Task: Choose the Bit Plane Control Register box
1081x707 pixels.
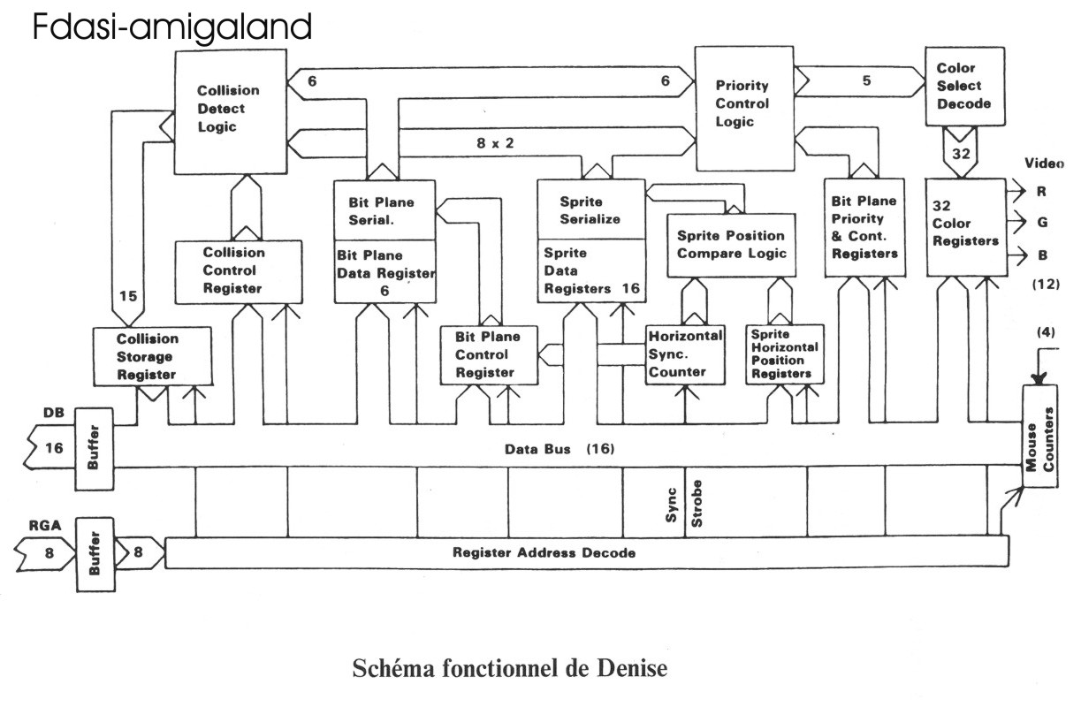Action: (x=489, y=354)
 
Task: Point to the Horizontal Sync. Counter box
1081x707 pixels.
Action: (x=685, y=353)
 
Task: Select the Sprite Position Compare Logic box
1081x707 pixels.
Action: (x=731, y=245)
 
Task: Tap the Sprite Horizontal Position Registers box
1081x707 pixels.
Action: (x=780, y=354)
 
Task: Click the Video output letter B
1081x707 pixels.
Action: (x=1042, y=255)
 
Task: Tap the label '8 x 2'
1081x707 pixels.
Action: (x=491, y=141)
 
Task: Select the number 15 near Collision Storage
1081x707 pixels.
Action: (x=128, y=296)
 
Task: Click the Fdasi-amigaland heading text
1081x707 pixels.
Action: (x=172, y=27)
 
